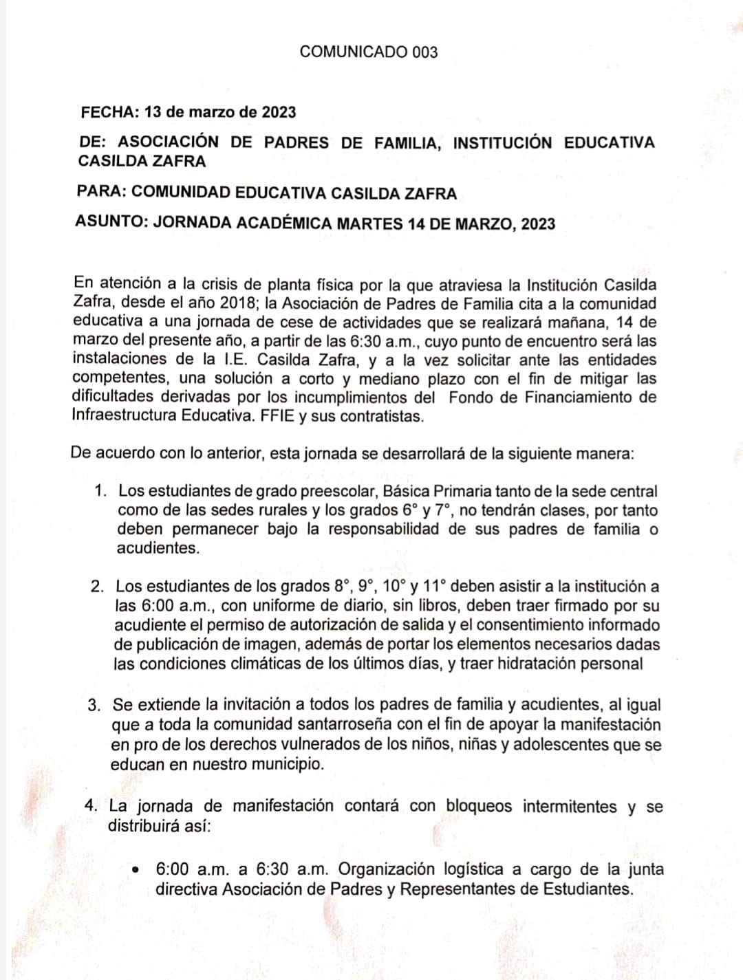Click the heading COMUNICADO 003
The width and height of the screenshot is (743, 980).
pyautogui.click(x=369, y=52)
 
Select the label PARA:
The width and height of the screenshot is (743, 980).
pyautogui.click(x=102, y=193)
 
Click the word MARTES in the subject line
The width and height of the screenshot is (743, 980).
pyautogui.click(x=369, y=224)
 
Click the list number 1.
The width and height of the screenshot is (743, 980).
pyautogui.click(x=101, y=491)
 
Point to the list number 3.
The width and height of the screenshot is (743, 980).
pyautogui.click(x=96, y=706)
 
